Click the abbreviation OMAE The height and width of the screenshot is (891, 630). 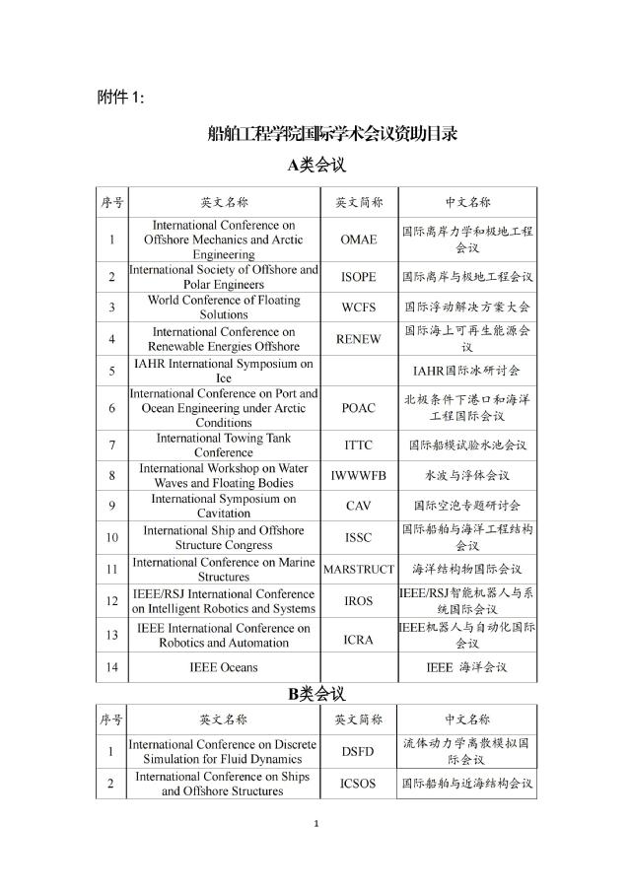tap(358, 240)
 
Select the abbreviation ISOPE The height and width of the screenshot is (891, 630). tap(358, 277)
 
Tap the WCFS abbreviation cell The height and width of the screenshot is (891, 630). tap(358, 308)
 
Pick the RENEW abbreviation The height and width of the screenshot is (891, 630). tap(358, 339)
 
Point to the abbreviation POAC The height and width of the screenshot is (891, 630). tap(358, 408)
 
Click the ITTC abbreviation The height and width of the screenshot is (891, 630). tap(358, 445)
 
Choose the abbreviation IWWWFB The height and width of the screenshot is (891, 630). tap(358, 476)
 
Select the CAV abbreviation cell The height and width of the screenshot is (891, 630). tap(358, 507)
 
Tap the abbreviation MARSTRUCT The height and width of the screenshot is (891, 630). tap(359, 569)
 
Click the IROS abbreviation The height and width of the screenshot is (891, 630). tap(358, 600)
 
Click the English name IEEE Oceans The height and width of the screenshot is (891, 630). tap(224, 667)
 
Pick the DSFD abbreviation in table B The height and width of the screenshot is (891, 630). tap(358, 752)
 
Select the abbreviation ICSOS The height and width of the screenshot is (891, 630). tap(358, 785)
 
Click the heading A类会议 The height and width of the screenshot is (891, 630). tap(315, 165)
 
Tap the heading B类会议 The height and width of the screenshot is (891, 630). tap(315, 694)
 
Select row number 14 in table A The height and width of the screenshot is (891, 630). tap(111, 667)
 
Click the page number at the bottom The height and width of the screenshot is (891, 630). tap(315, 823)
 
